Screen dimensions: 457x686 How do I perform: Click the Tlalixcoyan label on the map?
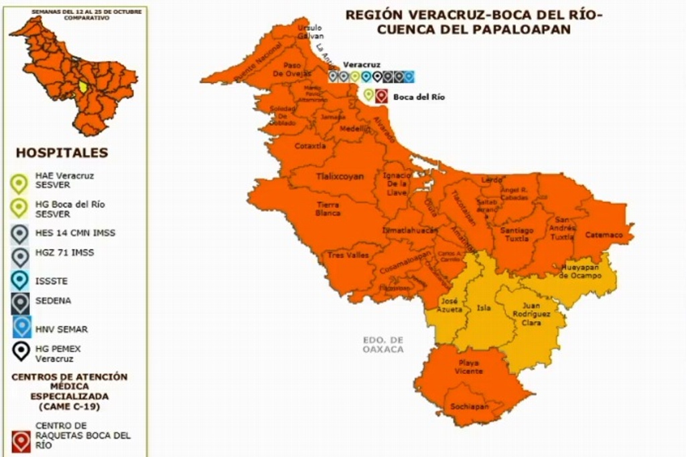point(340,177)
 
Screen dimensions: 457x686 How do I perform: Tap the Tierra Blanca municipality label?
point(328,209)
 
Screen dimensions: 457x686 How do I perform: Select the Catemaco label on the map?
point(604,235)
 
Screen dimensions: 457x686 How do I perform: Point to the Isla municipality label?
point(483,309)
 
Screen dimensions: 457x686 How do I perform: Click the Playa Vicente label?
point(468,367)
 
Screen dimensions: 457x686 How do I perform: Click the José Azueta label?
point(450,306)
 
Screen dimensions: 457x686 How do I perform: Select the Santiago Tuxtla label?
point(517,234)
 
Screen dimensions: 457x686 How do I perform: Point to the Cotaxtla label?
point(310,145)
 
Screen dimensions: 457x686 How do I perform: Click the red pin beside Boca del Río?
point(382,96)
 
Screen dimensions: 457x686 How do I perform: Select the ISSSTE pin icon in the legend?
point(20,280)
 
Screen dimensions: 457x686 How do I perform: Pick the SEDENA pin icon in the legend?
point(20,302)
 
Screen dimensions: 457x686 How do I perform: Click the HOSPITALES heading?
point(62,153)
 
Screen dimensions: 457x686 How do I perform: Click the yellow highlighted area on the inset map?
point(82,86)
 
